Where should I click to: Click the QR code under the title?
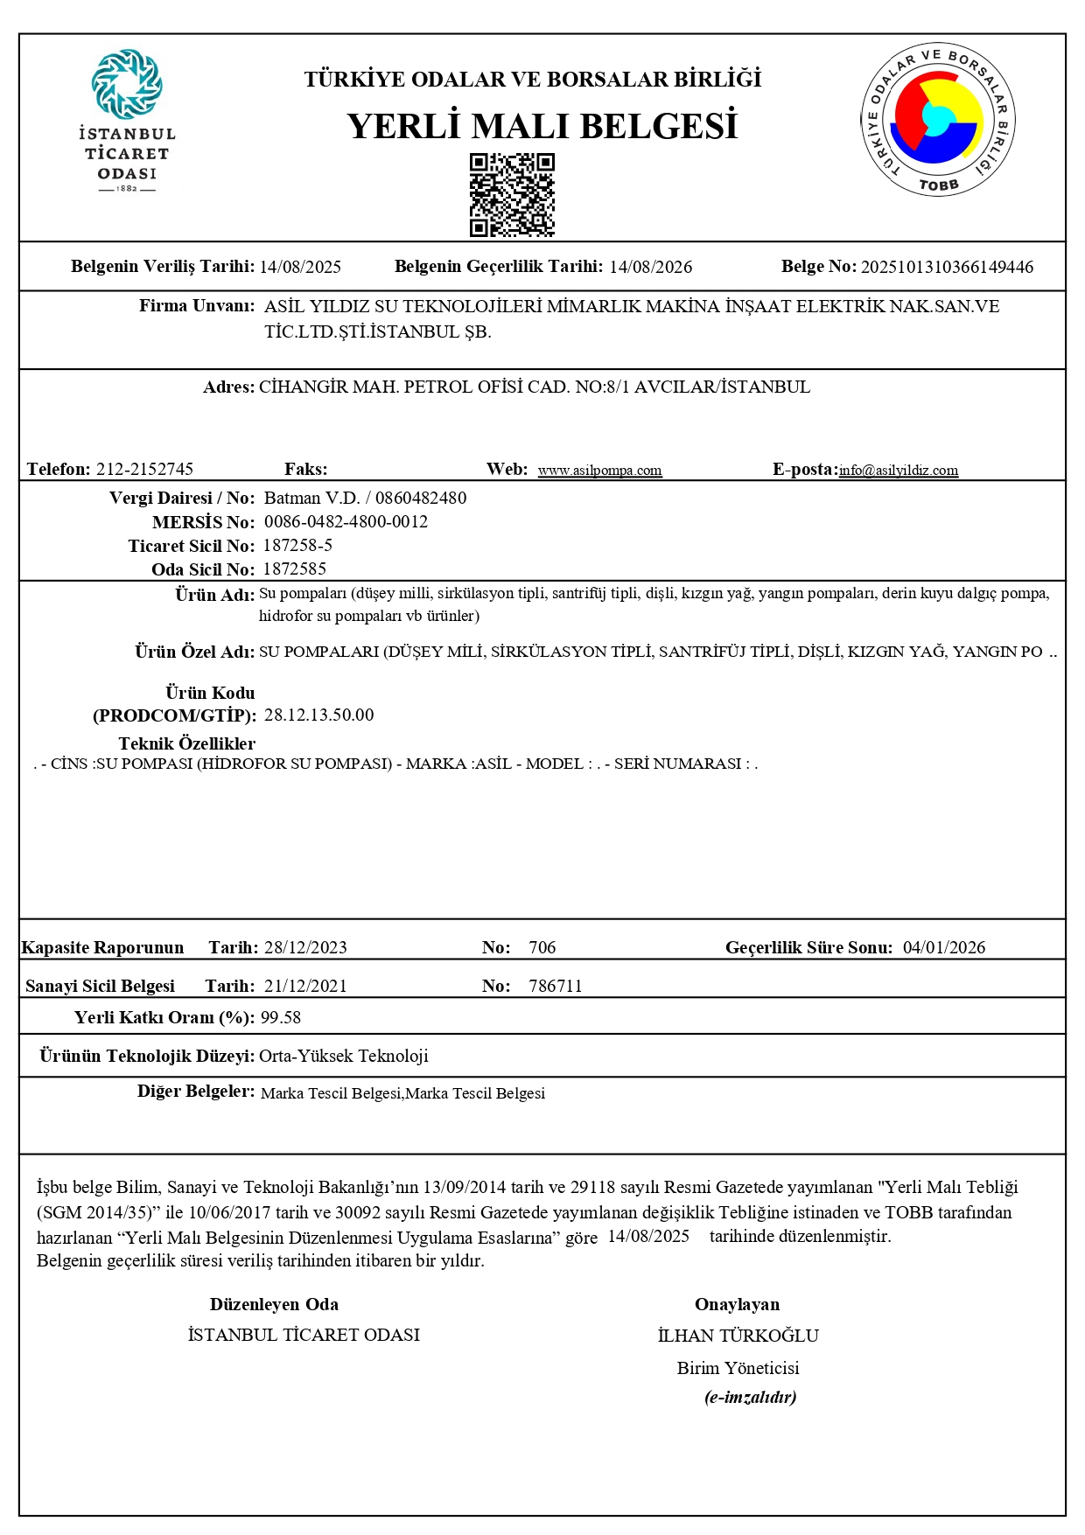coord(512,195)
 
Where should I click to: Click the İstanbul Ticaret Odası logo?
coord(127,121)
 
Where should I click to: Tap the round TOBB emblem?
coord(937,120)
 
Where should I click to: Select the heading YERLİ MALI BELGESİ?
coord(542,126)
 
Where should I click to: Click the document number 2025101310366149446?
coord(947,267)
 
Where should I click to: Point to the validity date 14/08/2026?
coord(650,267)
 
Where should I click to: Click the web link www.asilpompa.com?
coord(599,471)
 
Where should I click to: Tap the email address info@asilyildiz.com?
coord(898,471)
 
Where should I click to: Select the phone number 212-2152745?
coord(144,470)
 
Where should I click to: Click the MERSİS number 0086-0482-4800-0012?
coord(346,522)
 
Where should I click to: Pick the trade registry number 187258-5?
coord(297,546)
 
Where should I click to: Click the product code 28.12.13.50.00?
coord(318,715)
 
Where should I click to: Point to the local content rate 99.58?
coord(281,1018)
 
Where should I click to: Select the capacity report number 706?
coord(542,948)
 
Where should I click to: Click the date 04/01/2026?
coord(944,948)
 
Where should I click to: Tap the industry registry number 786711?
coord(556,987)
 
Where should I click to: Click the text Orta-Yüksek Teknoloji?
coord(344,1057)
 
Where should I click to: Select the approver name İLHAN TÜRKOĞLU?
coord(738,1336)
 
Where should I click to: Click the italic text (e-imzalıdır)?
coord(750,1398)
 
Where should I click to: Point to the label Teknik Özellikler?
coord(187,744)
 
